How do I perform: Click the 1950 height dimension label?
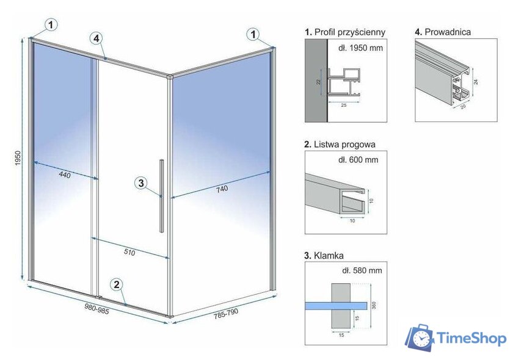click(x=19, y=159)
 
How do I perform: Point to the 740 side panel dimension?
click(x=222, y=189)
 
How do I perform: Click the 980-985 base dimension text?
click(x=97, y=308)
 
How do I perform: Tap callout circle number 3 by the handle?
click(x=140, y=182)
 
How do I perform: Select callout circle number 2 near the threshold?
click(x=116, y=284)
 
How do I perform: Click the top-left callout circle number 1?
click(x=52, y=24)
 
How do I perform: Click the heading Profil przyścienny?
click(x=345, y=32)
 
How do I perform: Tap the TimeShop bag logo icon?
click(x=420, y=339)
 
